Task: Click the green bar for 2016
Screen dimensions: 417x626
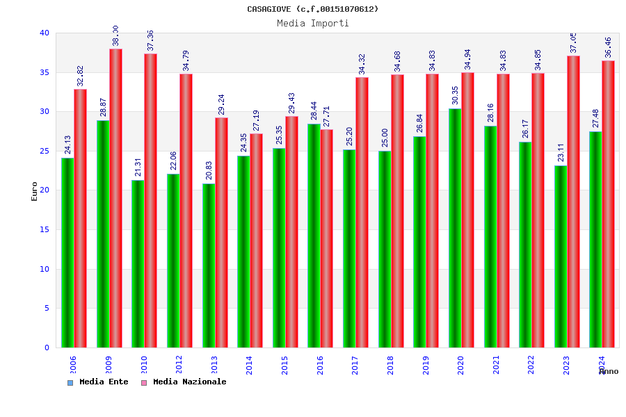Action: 314,236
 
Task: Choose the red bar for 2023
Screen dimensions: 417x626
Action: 573,202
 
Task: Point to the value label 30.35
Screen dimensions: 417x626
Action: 455,95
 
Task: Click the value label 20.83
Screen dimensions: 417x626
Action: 209,170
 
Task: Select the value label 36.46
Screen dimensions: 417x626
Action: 609,47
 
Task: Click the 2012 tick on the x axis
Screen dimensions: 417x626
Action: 179,365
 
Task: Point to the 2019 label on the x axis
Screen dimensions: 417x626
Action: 425,365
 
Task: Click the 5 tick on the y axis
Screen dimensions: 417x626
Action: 47,308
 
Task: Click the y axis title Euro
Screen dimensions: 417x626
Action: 34,191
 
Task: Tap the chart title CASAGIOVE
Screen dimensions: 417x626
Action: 313,9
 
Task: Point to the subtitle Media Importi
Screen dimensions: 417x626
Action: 313,23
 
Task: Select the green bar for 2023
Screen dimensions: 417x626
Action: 560,256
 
